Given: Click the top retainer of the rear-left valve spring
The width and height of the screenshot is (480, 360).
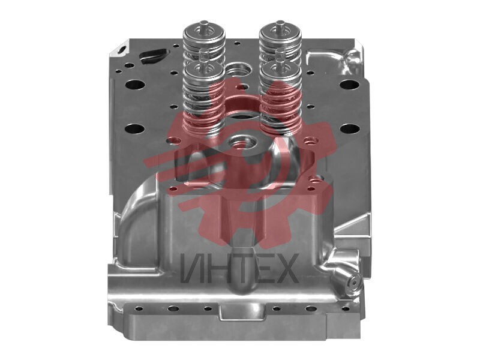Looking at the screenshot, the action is [204, 34].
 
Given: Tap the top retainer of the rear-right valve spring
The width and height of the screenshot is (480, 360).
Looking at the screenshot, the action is [280, 34].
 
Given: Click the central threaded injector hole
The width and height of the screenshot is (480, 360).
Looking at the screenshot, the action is [242, 142].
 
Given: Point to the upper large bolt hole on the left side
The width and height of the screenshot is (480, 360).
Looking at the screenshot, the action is [134, 84].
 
